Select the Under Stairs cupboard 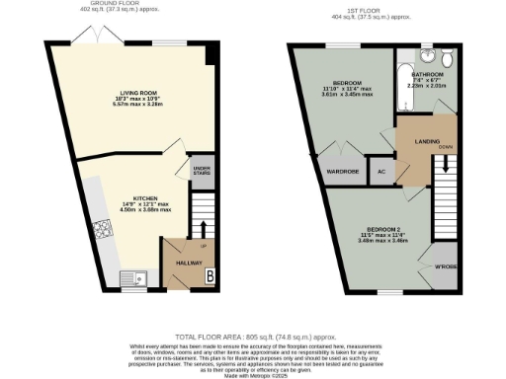(202, 170)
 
